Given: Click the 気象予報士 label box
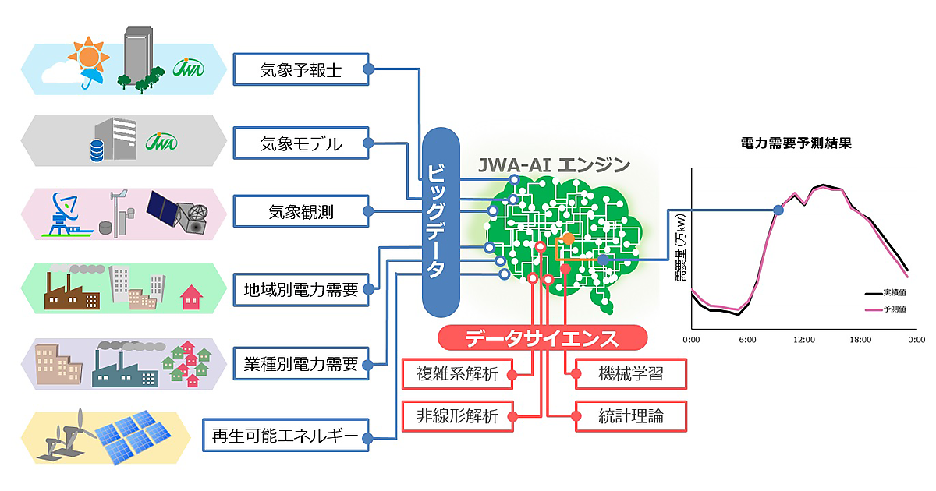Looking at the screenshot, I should pos(300,70).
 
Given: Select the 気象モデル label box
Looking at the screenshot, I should pos(300,144).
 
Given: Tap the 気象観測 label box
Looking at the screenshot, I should pos(300,211).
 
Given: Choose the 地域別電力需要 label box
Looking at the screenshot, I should pos(300,290).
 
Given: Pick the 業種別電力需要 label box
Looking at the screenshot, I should pos(300,362).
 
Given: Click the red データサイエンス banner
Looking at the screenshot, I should pos(542,338).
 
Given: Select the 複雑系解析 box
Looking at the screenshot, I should pos(457,373).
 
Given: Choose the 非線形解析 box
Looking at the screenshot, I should pos(457,416).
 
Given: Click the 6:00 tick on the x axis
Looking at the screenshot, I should pos(747,340).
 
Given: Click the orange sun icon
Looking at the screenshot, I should pos(87,56).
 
